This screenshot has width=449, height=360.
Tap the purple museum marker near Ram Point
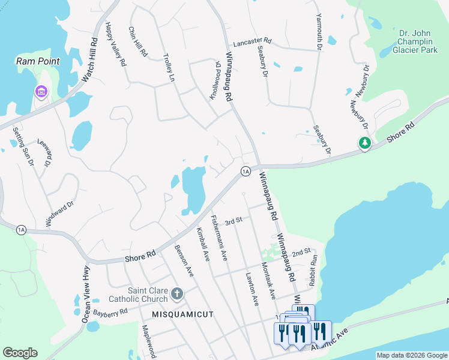(41, 92)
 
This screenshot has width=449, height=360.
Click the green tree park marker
(364, 143)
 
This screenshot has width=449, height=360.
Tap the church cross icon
(176, 293)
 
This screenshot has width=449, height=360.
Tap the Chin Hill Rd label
(138, 41)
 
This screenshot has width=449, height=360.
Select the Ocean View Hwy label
(86, 295)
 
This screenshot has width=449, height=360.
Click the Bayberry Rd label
(108, 312)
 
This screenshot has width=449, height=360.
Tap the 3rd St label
(233, 221)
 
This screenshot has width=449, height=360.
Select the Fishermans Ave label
(219, 238)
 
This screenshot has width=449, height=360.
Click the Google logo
(20, 353)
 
